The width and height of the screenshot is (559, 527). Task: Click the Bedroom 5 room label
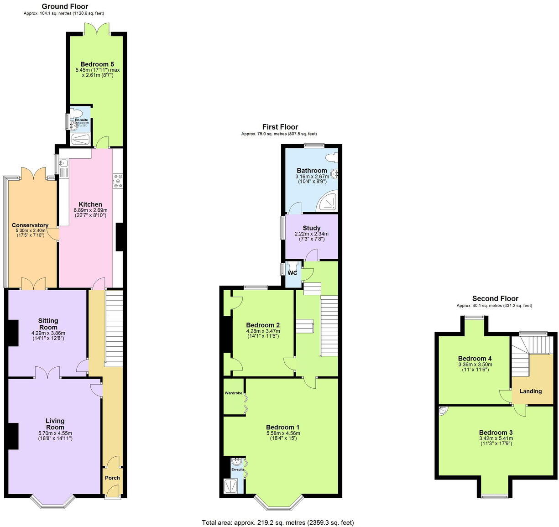[x=97, y=64]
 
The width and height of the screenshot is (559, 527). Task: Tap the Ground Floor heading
[x=65, y=6]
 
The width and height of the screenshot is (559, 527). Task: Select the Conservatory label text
[x=30, y=225]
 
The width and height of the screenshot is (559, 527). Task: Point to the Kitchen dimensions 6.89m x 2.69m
[x=90, y=210]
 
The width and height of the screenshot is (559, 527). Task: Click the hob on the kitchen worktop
[x=118, y=181]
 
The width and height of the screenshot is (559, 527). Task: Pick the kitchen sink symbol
[x=63, y=163]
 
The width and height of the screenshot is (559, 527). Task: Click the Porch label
[x=112, y=478]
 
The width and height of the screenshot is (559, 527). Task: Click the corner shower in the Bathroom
[x=329, y=201]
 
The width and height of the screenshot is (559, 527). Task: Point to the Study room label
[x=312, y=228]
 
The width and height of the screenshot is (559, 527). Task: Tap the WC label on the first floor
[x=292, y=273]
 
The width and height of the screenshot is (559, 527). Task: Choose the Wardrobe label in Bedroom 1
[x=233, y=393]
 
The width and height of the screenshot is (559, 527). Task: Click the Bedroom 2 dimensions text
[x=263, y=334]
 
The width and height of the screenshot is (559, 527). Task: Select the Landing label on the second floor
[x=530, y=391]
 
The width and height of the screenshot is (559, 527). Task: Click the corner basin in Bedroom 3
[x=443, y=411]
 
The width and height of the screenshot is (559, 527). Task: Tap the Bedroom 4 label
[x=475, y=358]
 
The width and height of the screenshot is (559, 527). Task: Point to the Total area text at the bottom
[x=278, y=522]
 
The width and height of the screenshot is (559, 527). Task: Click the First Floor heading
[x=280, y=127]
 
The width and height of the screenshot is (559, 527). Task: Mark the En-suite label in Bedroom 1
[x=238, y=469]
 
